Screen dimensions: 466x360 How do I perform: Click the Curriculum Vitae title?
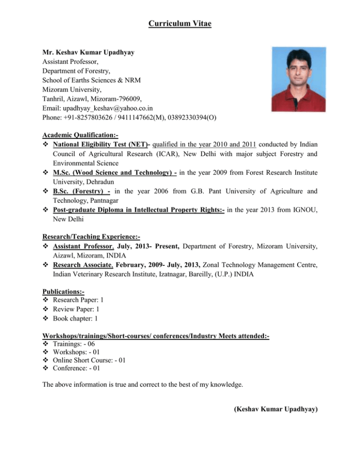[x=180, y=23]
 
